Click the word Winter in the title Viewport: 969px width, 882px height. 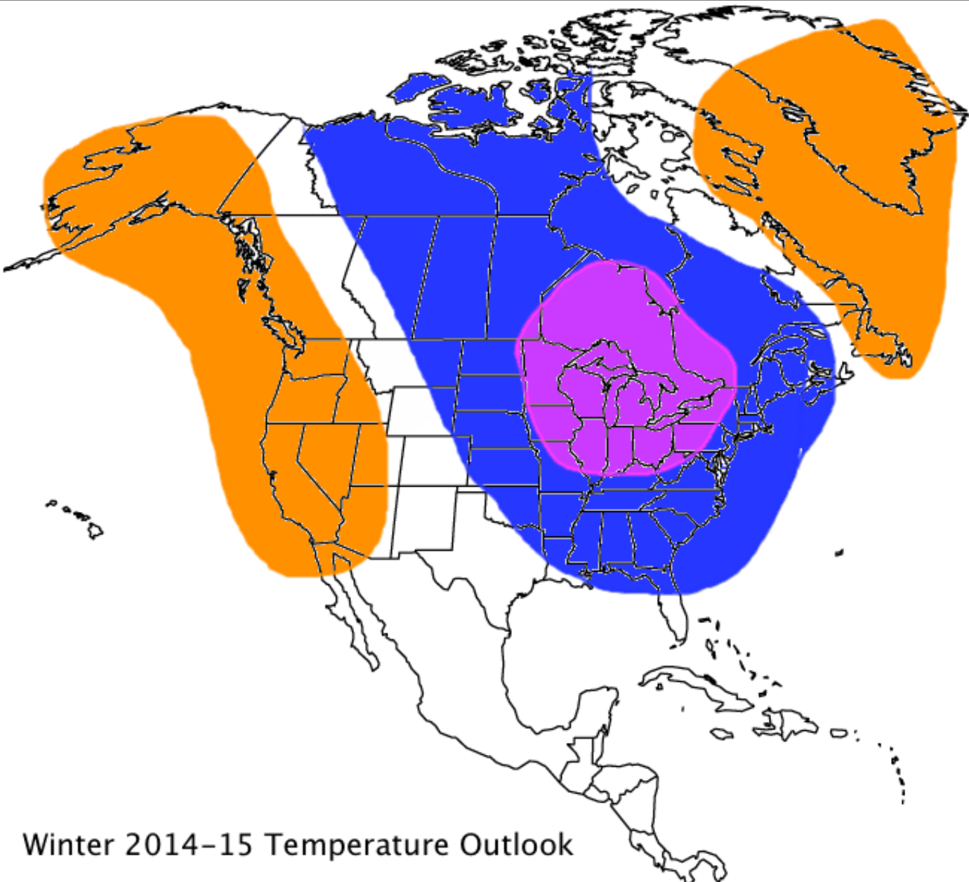pyautogui.click(x=67, y=844)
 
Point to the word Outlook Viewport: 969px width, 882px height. pyautogui.click(x=516, y=844)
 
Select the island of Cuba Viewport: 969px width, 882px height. pyautogui.click(x=692, y=685)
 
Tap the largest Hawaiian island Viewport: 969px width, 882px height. pyautogui.click(x=95, y=531)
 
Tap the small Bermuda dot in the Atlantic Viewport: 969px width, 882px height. pyautogui.click(x=838, y=553)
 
